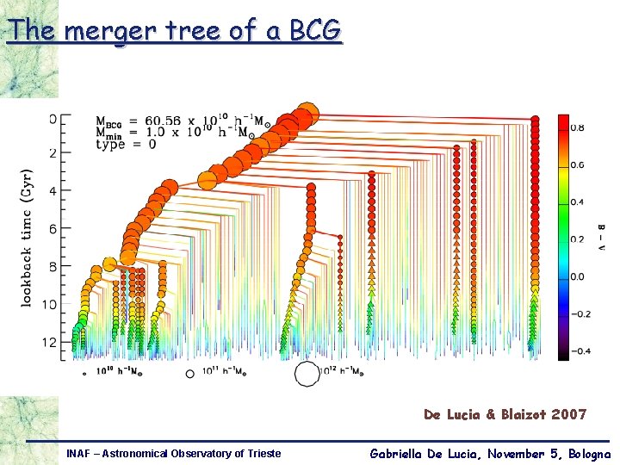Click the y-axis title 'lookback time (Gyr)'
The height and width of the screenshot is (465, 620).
27,237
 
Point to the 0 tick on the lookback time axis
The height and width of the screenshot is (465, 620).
53,118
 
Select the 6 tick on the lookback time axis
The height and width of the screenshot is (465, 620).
53,229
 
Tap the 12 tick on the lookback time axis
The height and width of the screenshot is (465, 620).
51,343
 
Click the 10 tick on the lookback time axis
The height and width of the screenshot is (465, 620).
51,305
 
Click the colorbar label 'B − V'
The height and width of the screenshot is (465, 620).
600,237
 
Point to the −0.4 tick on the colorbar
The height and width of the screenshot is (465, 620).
581,350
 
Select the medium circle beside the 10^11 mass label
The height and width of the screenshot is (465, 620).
190,374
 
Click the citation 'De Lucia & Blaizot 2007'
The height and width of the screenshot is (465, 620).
505,414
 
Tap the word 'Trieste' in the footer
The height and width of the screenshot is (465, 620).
259,453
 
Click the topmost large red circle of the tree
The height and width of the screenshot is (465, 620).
305,115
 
